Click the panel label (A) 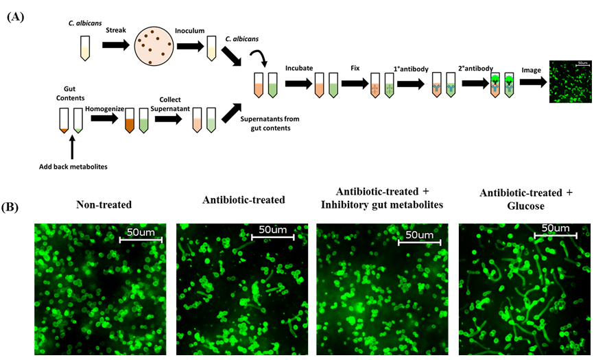16,17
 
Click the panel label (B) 16,206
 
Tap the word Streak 115,30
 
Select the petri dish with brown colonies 156,47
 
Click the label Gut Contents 69,94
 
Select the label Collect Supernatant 169,104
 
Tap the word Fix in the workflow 355,68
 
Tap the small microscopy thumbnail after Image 570,82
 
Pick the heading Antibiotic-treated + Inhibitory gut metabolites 381,197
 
